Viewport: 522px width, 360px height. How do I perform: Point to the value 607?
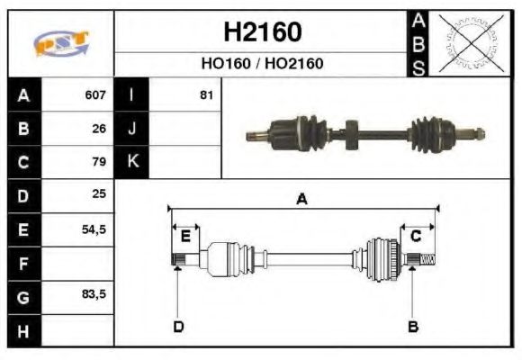click(x=94, y=94)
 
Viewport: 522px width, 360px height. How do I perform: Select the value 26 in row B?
click(x=99, y=129)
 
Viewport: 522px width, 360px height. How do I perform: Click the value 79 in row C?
click(x=99, y=162)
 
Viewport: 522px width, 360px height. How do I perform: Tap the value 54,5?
click(x=94, y=229)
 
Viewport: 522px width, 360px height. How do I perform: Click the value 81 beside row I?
click(x=206, y=94)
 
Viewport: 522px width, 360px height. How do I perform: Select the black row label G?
click(x=23, y=296)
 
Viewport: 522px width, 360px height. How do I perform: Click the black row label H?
click(x=23, y=330)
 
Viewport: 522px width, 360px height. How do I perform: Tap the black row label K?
click(x=131, y=162)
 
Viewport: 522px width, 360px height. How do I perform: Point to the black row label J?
click(x=131, y=129)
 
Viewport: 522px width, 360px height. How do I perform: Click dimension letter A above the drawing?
click(x=302, y=199)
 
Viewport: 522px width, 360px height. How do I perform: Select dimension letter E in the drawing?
click(x=185, y=236)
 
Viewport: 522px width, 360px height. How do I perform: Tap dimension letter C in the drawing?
click(x=416, y=236)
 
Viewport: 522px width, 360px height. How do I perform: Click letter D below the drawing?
click(x=177, y=326)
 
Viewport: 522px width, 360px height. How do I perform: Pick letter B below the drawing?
click(x=413, y=326)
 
